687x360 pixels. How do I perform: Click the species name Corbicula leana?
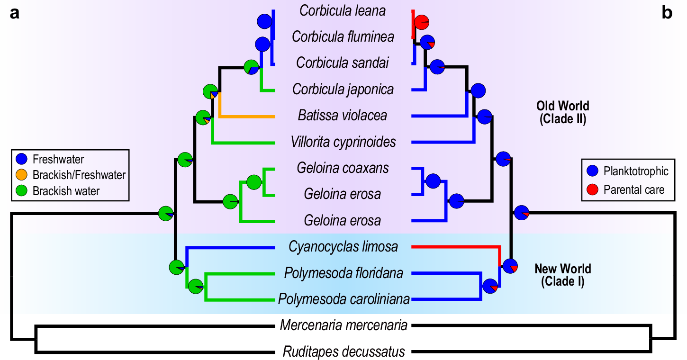tap(343, 10)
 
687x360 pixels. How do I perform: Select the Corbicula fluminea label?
tap(343, 36)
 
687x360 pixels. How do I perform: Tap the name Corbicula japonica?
tap(343, 89)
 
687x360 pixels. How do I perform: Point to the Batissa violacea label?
tap(343, 115)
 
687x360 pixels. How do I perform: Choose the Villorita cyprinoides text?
tap(343, 142)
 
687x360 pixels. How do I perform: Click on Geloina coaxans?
tap(343, 168)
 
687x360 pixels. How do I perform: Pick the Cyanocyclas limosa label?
tap(343, 247)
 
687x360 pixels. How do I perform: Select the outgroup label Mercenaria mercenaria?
tap(343, 326)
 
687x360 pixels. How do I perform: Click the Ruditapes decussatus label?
tap(343, 352)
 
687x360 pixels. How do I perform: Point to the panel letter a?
tap(15, 13)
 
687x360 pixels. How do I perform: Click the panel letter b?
tap(667, 13)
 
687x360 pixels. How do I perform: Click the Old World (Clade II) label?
tap(563, 112)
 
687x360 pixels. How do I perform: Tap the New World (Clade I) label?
tap(563, 275)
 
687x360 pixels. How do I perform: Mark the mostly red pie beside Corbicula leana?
tap(421, 22)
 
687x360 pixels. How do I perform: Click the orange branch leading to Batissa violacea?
tap(246, 116)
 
